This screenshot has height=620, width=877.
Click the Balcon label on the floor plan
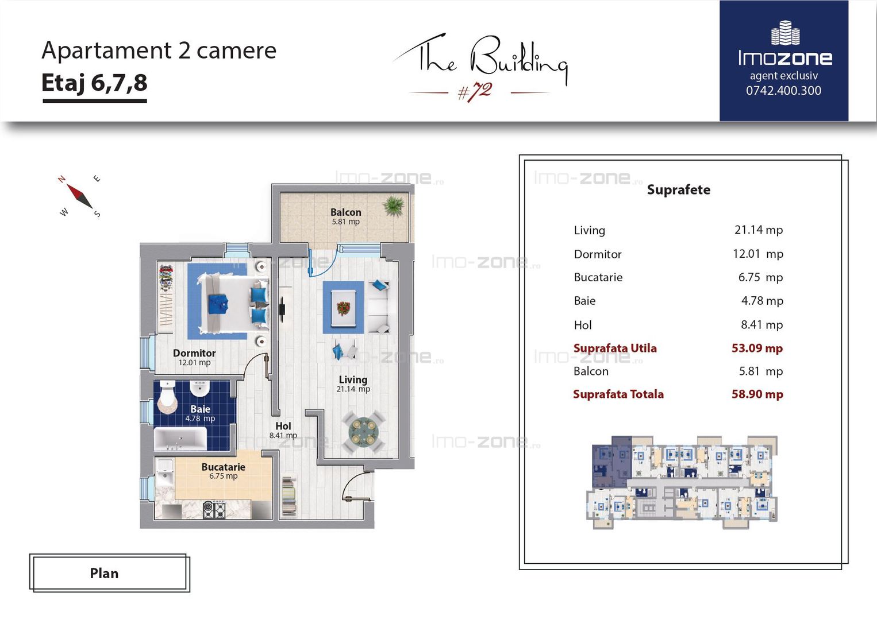[346, 212]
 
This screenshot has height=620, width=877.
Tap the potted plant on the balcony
[394, 206]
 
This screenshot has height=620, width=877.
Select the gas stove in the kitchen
[214, 510]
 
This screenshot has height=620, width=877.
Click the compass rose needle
[79, 196]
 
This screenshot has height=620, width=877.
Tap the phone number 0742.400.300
[783, 91]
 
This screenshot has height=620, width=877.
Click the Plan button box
[109, 573]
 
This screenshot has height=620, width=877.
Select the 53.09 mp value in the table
[757, 348]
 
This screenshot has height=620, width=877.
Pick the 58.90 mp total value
[757, 394]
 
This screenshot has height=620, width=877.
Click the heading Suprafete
[679, 189]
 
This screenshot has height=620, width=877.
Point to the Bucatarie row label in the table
[598, 277]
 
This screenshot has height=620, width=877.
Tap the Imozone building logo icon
[785, 33]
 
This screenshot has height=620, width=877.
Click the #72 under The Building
[475, 92]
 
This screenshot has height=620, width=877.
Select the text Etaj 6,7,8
[94, 83]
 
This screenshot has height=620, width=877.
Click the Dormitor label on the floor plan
[194, 353]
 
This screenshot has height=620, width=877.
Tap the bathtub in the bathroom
[180, 439]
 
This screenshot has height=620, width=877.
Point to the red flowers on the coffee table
[343, 308]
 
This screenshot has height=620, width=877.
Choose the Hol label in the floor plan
[283, 426]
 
